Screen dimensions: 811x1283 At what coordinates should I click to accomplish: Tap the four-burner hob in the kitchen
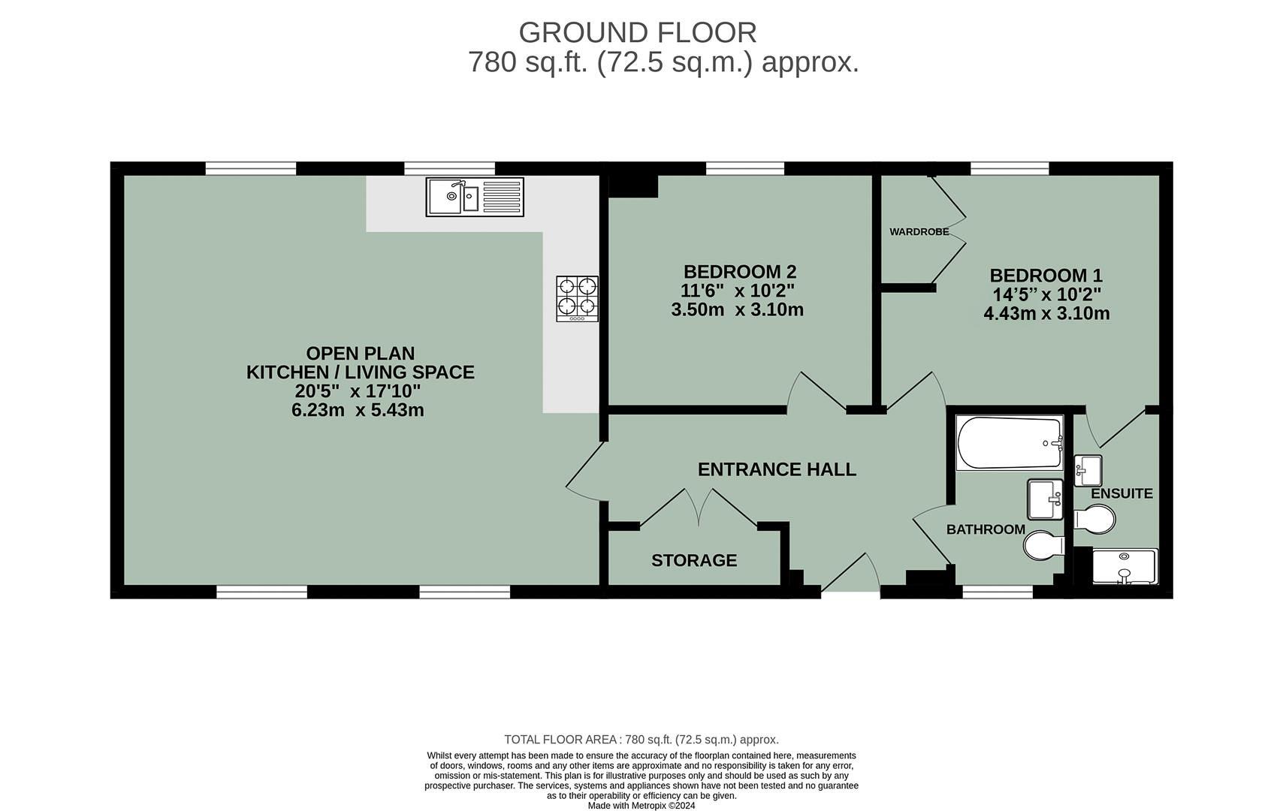[x=577, y=298]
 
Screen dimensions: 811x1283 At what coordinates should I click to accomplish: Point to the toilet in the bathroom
[x=1043, y=545]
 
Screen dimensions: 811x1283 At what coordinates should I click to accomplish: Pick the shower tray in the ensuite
[x=1125, y=567]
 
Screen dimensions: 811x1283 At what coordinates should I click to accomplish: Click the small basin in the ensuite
[x=1087, y=470]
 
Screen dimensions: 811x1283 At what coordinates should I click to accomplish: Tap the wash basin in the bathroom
[x=1045, y=499]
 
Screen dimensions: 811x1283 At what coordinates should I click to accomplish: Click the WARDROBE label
[x=919, y=232]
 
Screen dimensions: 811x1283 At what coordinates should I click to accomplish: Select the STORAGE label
[x=693, y=561]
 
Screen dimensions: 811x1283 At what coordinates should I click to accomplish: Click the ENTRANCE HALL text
[x=776, y=470]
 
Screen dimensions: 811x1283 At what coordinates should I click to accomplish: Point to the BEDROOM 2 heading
[x=739, y=272]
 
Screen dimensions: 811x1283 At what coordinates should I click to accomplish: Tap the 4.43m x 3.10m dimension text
[x=1046, y=314]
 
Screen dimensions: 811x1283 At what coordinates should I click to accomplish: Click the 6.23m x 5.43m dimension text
[x=358, y=411]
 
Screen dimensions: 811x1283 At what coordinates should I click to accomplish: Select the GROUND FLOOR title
[x=637, y=33]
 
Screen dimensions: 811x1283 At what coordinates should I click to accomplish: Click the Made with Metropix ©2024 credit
[x=641, y=806]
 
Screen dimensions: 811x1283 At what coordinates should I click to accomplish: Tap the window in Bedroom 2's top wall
[x=744, y=169]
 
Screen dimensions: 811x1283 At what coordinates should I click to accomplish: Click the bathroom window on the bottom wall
[x=998, y=592]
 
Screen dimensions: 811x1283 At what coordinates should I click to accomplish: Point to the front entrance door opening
[x=850, y=592]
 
